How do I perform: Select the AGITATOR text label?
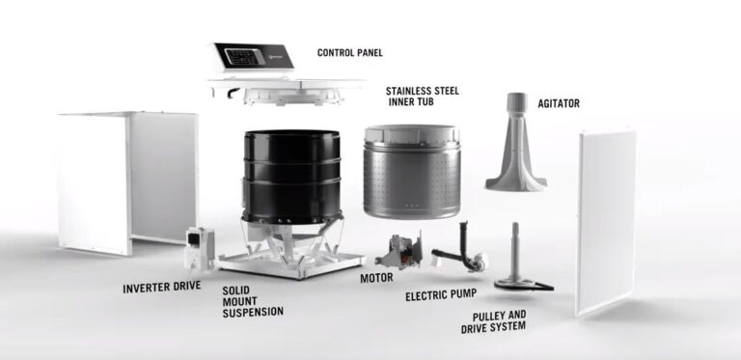559,102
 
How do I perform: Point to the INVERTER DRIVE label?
161,288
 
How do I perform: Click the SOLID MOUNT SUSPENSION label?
253,300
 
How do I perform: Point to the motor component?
398,252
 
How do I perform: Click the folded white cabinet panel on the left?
125,179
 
